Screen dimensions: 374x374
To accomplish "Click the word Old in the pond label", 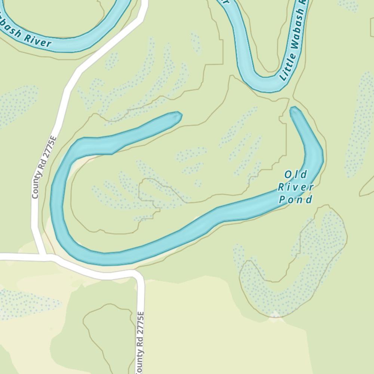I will pos(296,175).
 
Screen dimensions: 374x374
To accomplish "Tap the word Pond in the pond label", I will pos(296,200).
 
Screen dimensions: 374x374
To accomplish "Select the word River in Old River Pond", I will pos(296,187).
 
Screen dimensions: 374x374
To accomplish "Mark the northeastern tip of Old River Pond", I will pos(294,109).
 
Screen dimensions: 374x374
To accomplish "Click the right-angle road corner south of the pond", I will pos(137,275).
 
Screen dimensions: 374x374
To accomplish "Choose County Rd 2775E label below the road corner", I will pos(140,342).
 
